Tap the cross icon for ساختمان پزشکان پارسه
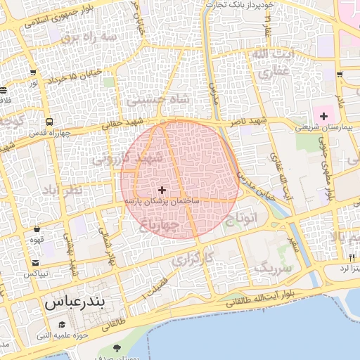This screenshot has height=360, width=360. point(162,190)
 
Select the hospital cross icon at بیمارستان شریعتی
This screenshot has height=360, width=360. point(323,115)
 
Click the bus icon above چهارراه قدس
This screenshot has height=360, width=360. point(49,122)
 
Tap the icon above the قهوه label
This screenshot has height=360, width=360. point(37,229)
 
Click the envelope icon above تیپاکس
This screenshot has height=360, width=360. point(35,262)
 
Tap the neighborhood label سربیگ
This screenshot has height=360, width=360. point(271,267)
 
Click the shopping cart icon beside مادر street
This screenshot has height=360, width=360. point(340,74)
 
